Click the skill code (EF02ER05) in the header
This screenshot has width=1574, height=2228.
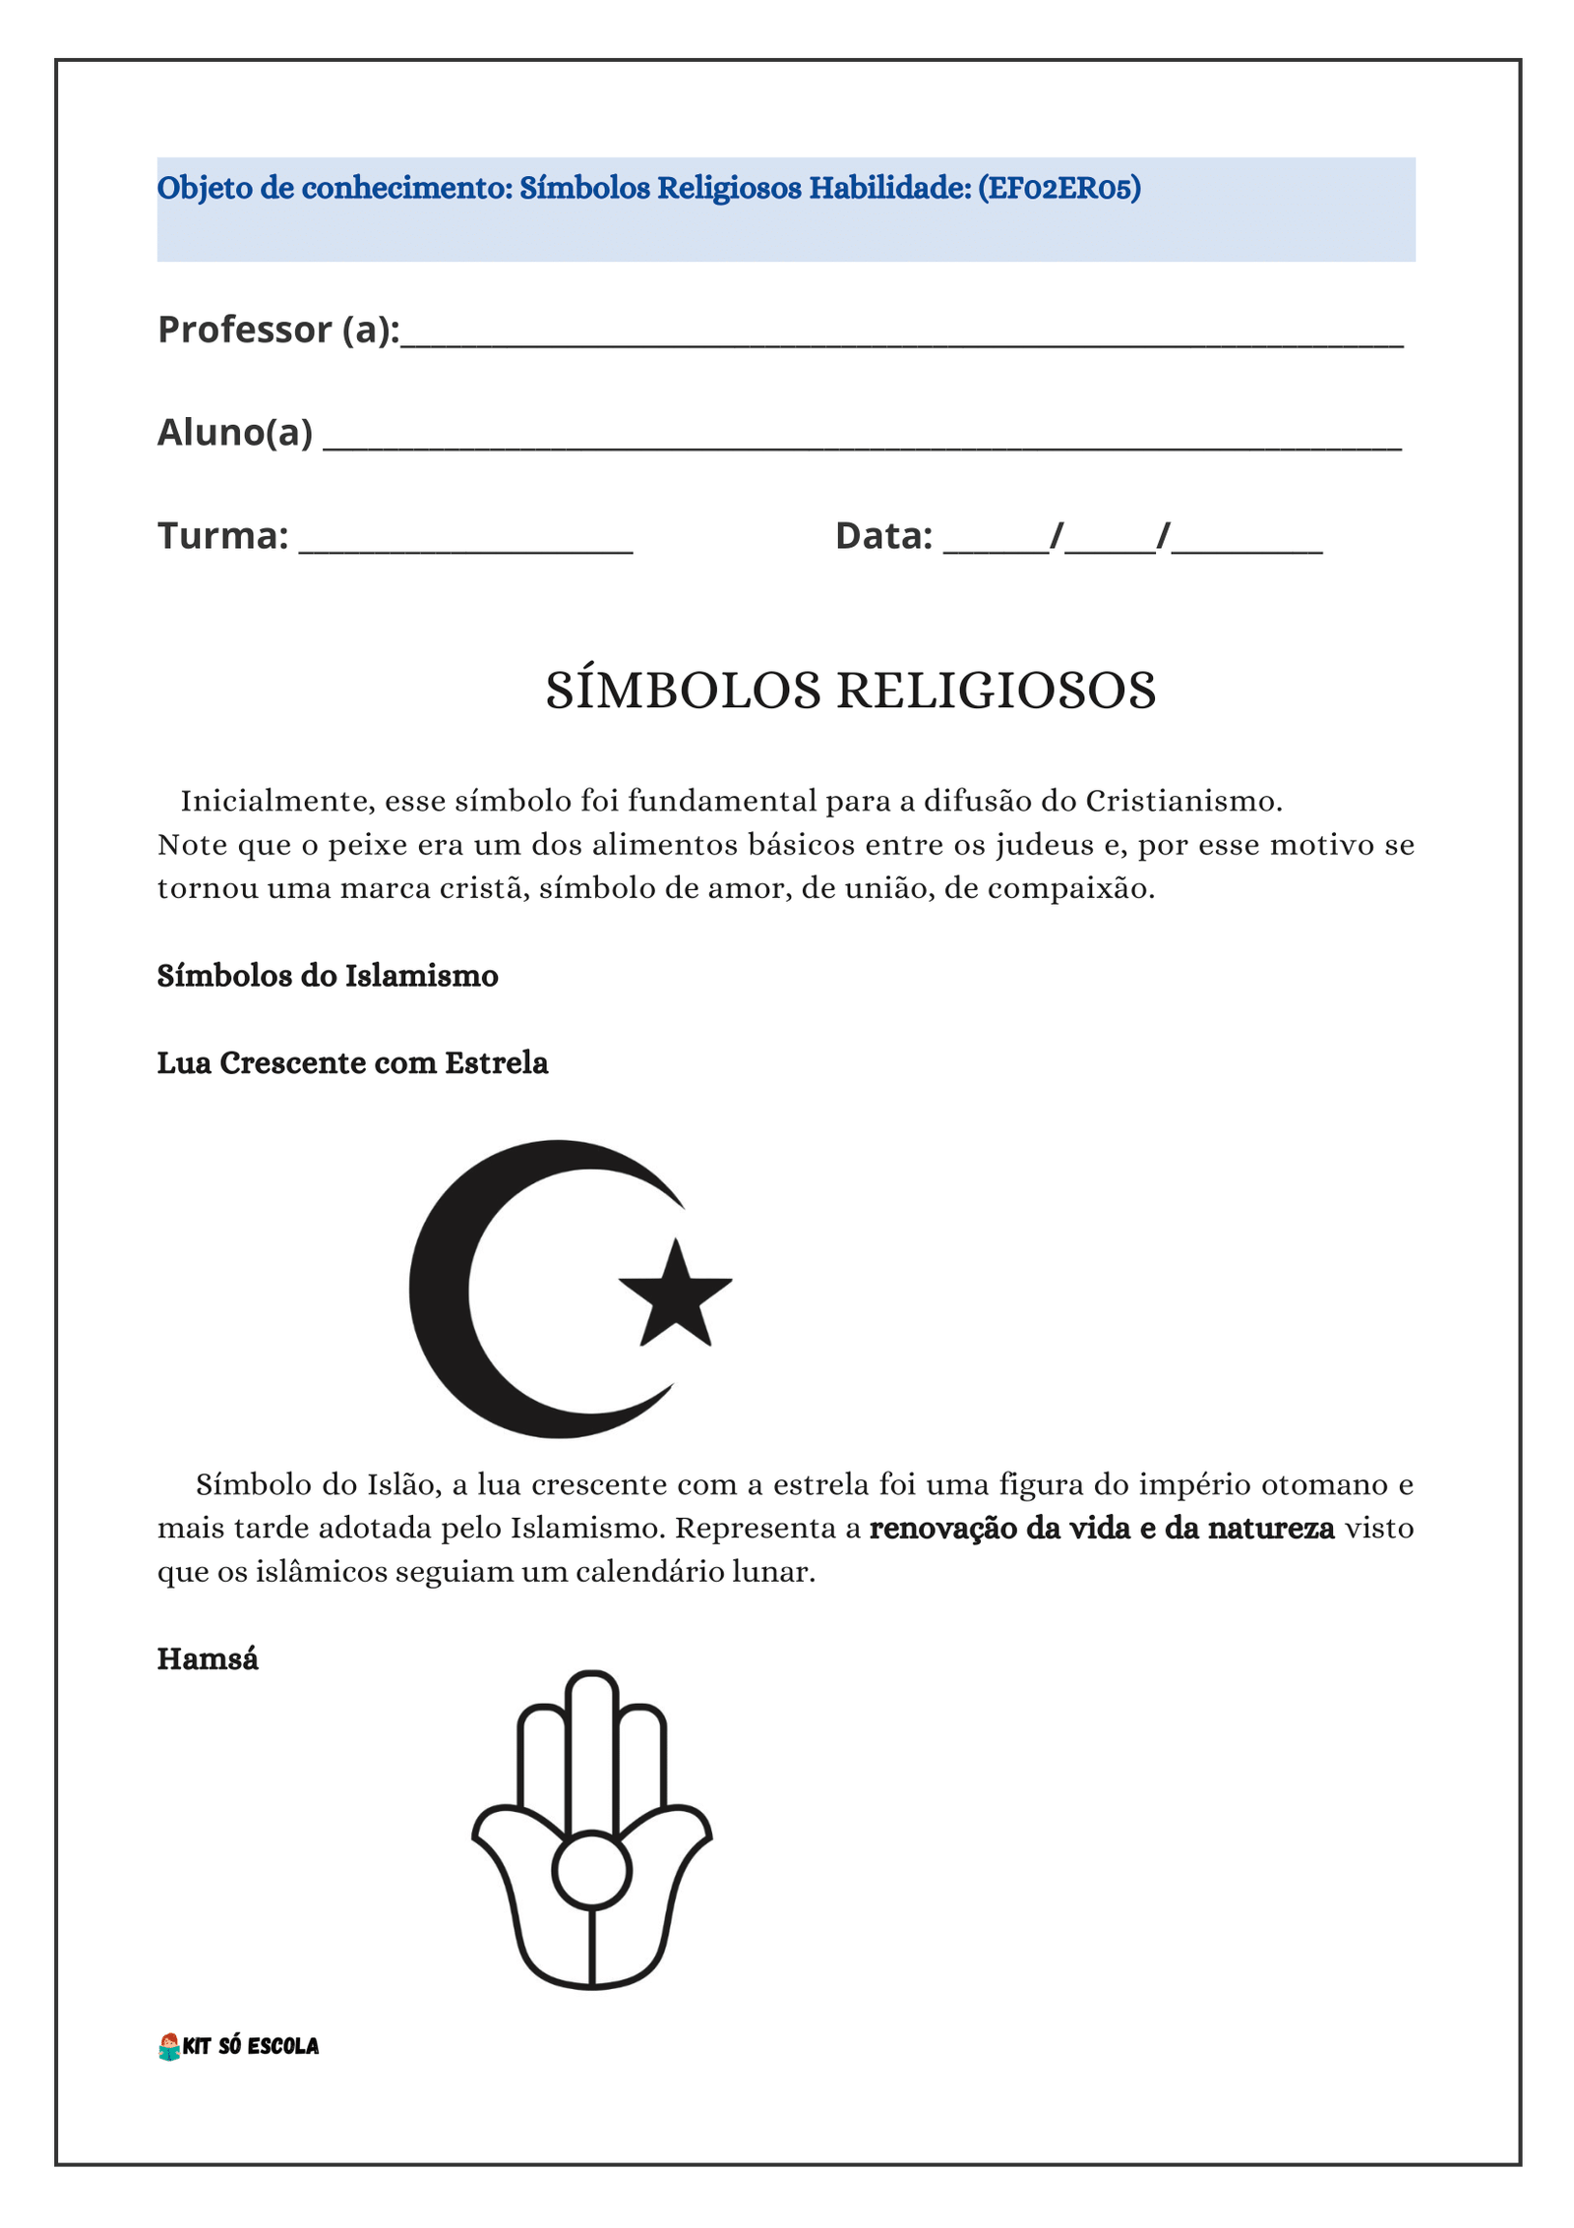(1059, 187)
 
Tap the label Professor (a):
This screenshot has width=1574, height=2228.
(278, 330)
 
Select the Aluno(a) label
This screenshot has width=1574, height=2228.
(235, 432)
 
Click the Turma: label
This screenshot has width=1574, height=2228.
(223, 535)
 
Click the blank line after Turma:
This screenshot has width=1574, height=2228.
(465, 546)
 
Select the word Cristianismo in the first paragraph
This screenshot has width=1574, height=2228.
(1183, 801)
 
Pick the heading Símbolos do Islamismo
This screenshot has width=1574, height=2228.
(328, 976)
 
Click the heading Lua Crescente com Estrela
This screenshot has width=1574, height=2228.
(352, 1063)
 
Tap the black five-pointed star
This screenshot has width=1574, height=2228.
(675, 1295)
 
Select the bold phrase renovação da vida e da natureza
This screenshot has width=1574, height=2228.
(1102, 1528)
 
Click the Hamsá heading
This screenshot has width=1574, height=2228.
(208, 1659)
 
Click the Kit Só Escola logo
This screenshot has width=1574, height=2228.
(239, 2046)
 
